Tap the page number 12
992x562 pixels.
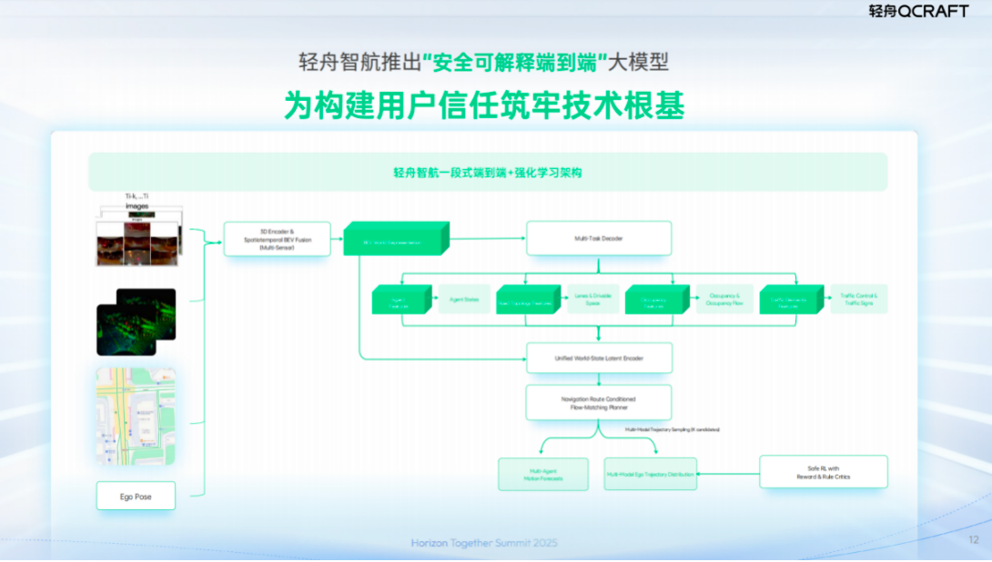coord(974,540)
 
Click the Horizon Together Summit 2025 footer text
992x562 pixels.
coord(484,543)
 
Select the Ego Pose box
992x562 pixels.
coord(136,497)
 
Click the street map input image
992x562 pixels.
coord(136,416)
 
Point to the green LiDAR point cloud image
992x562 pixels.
coord(136,322)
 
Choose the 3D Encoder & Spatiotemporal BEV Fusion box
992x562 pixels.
coord(277,239)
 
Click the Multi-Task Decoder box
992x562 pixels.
coord(599,238)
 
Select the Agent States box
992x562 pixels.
coord(464,299)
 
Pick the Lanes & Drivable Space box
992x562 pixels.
coord(593,299)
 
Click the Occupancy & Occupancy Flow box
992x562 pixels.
coord(724,299)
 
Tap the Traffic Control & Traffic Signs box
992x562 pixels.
coord(858,299)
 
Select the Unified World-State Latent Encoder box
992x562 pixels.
coord(599,358)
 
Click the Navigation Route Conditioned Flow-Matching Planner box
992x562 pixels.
coord(599,403)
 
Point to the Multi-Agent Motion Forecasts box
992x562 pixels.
coord(542,474)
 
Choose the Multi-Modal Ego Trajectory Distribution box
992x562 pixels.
coord(650,474)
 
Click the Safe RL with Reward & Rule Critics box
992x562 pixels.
coord(823,472)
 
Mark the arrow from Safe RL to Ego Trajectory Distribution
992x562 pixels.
coord(728,474)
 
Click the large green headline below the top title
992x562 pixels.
coord(484,105)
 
